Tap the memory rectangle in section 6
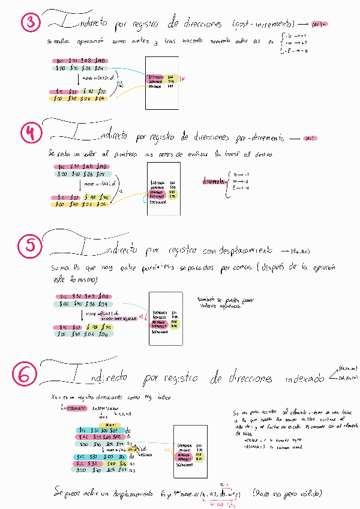(190, 451)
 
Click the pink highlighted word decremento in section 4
(213, 181)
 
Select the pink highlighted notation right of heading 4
(310, 139)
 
